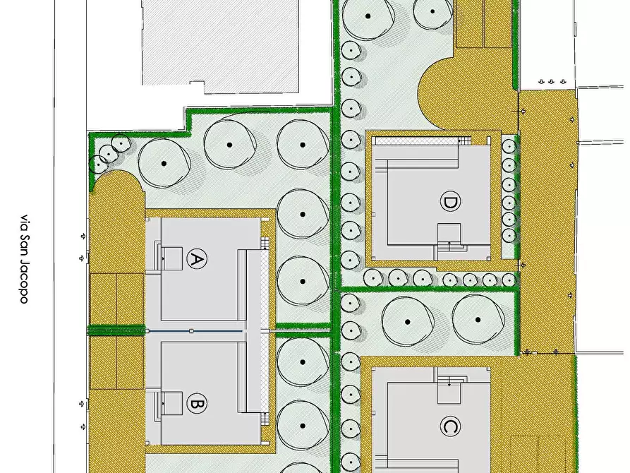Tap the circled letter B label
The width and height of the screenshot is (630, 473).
pyautogui.click(x=197, y=405)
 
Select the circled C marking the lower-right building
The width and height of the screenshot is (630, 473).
pyautogui.click(x=449, y=427)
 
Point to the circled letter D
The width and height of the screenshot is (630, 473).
pyautogui.click(x=449, y=203)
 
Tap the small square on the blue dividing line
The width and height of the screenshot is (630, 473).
pyautogui.click(x=191, y=330)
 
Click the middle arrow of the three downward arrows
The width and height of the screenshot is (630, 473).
pyautogui.click(x=552, y=82)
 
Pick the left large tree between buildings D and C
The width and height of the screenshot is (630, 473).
pyautogui.click(x=408, y=321)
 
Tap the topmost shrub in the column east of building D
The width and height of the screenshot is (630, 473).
pyautogui.click(x=508, y=146)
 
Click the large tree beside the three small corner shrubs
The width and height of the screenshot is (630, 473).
pyautogui.click(x=164, y=163)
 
